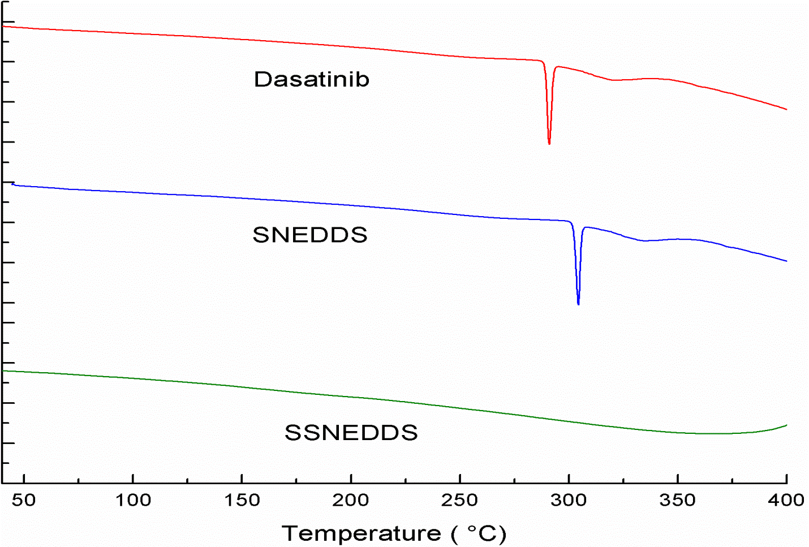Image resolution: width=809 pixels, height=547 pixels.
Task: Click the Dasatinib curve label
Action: click(x=311, y=79)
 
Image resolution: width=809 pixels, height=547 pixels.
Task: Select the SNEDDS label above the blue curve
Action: click(x=310, y=235)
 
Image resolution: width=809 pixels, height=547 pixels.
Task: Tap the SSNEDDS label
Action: click(x=351, y=433)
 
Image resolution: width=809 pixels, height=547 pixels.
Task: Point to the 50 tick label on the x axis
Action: click(x=24, y=500)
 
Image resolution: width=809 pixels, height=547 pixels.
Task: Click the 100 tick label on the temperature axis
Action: click(x=133, y=500)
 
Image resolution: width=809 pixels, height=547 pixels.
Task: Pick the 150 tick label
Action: click(x=242, y=500)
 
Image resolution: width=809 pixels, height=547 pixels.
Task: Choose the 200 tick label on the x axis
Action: click(x=351, y=500)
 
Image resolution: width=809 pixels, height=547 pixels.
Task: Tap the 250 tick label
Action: click(x=460, y=500)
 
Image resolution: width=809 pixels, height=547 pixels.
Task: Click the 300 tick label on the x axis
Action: click(x=569, y=500)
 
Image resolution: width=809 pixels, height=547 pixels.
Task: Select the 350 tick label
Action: click(x=678, y=500)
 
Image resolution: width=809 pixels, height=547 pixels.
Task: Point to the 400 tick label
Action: click(x=786, y=500)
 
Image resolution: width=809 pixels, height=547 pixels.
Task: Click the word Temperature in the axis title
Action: click(x=361, y=533)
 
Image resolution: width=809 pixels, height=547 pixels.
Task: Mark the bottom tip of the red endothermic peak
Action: click(x=549, y=144)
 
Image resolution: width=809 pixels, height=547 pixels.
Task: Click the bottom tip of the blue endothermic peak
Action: click(x=578, y=304)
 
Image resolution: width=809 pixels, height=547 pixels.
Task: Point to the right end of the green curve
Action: click(x=786, y=425)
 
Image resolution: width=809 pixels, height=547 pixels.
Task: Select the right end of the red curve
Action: click(x=786, y=109)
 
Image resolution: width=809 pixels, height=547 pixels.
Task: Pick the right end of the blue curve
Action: click(x=786, y=261)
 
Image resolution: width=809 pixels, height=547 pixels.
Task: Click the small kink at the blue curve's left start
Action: click(x=13, y=183)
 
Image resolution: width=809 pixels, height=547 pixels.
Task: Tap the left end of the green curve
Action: click(x=3, y=371)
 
